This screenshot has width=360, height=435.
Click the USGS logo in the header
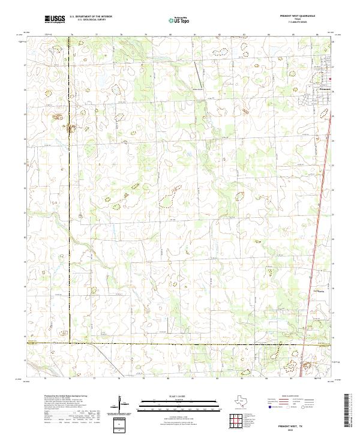click(55, 19)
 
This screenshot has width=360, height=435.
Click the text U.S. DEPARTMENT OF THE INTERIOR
click(91, 17)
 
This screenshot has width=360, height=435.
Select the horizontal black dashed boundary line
click(180, 344)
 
